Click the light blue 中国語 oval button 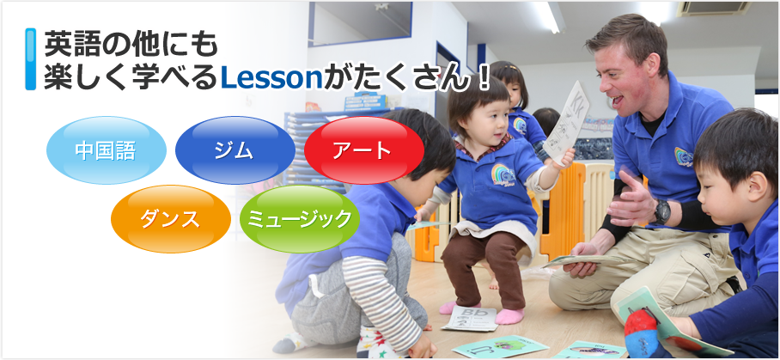pos(106,150)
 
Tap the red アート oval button pos(364,150)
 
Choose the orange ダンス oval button pos(171,218)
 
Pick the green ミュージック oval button pos(299,218)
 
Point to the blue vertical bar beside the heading pos(31,58)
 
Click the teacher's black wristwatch pos(661,211)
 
